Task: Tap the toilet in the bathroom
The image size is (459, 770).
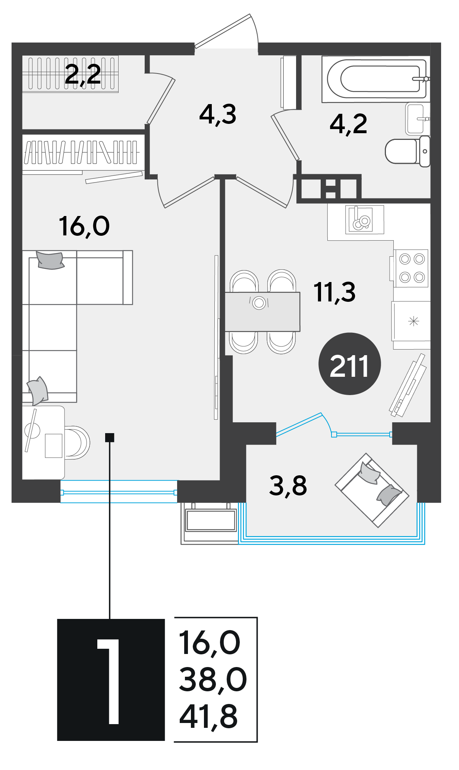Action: coord(408,151)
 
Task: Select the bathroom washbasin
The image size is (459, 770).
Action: coord(418,119)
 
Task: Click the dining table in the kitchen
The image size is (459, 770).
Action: coord(262,312)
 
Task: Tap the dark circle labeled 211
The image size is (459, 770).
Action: coord(349,364)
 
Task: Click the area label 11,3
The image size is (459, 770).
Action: coord(334,292)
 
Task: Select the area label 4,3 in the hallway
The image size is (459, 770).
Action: coord(218,115)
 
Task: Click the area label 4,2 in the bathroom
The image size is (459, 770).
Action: coord(348,124)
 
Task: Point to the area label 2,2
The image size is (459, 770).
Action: coord(82,74)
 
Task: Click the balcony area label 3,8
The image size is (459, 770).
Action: coord(288,486)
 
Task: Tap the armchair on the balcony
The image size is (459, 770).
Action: coord(372,490)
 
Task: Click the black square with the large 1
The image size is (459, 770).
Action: coord(111,680)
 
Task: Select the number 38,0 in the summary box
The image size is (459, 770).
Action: coord(213,680)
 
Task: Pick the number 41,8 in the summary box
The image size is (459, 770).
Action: coord(208,717)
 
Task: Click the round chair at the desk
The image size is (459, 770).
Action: coord(77,442)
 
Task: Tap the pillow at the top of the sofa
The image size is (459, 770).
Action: coord(50,260)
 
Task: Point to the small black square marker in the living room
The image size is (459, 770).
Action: coord(110,437)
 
